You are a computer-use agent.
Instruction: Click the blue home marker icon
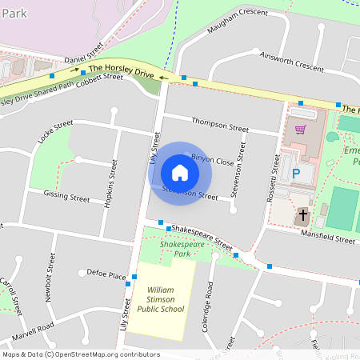coord(180,172)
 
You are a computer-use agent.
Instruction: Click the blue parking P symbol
coord(294,172)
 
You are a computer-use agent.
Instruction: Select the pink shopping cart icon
coord(301,128)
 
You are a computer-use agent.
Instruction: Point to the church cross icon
coord(302,215)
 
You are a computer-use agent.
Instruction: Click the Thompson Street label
coord(220,125)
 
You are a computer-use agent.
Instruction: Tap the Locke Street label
coord(54,137)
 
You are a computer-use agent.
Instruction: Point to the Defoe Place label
coord(106,274)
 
